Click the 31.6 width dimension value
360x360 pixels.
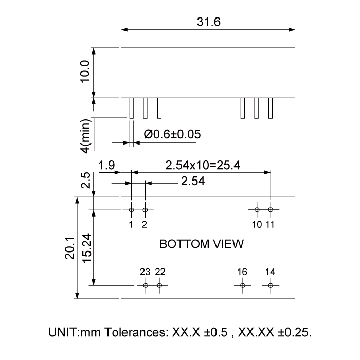coord(208,22)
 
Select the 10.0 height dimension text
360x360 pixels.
coord(85,71)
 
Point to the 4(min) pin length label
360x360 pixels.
coord(86,135)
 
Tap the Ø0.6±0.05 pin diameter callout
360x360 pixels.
coord(172,134)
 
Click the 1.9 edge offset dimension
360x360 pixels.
coord(106,166)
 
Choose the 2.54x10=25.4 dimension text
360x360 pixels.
coord(202,166)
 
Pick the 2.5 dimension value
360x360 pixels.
coord(86,182)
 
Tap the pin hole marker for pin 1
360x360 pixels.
coord(132,210)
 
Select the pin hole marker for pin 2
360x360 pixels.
coord(146,210)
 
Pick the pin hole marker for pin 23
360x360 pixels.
coord(146,285)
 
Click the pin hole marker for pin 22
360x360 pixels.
coord(159,285)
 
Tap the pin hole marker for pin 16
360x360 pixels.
coord(243,285)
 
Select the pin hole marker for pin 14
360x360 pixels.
coord(271,285)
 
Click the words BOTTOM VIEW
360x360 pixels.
coord(202,244)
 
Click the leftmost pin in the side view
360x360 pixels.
coord(132,108)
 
